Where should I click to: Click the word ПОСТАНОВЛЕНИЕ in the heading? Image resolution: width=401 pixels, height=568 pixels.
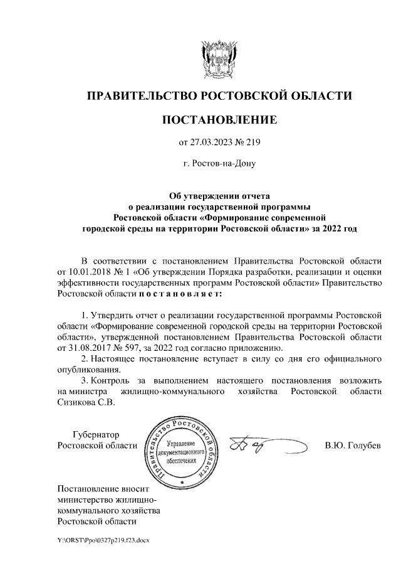coord(219,119)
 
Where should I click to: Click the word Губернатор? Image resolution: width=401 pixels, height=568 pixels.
coord(96,435)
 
